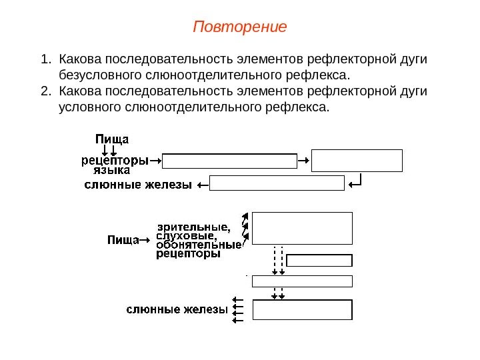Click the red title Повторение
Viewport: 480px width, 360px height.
(x=239, y=27)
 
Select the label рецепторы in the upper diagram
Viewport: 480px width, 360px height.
(x=115, y=160)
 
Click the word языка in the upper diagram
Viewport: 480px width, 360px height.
(x=111, y=170)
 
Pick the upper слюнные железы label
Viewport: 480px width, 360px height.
(x=138, y=185)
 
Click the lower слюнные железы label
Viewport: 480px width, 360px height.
(x=177, y=310)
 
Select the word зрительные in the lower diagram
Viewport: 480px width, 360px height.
(x=193, y=226)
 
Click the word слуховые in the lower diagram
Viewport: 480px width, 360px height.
(x=186, y=235)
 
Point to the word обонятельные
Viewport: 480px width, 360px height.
(x=199, y=245)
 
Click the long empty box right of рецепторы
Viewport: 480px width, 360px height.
(x=229, y=161)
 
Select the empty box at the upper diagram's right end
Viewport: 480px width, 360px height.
(x=357, y=161)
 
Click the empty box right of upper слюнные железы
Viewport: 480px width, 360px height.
(x=277, y=183)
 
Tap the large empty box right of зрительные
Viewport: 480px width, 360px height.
(x=302, y=229)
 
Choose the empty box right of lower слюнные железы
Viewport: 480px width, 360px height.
(x=302, y=310)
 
